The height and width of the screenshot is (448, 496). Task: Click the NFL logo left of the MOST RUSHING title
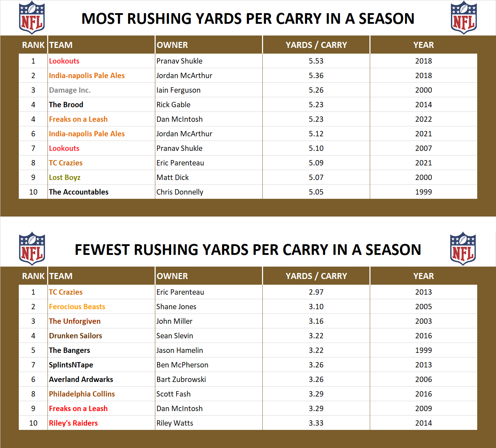[x=32, y=18]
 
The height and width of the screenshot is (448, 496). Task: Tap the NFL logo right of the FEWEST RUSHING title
[x=463, y=248]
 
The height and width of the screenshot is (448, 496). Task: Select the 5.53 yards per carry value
[x=316, y=61]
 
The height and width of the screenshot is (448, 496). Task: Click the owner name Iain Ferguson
[x=178, y=90]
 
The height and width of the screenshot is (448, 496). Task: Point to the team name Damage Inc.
[x=70, y=90]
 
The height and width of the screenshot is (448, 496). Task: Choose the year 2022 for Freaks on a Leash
[x=423, y=119]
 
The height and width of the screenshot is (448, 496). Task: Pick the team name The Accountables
[x=79, y=192]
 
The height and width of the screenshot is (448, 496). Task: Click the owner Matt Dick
[x=173, y=177]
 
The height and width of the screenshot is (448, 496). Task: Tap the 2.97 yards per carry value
[x=316, y=292]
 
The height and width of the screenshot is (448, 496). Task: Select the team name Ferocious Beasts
[x=77, y=307]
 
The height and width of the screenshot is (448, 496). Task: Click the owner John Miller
[x=174, y=321]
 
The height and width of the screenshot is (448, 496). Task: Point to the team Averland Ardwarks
[x=81, y=379]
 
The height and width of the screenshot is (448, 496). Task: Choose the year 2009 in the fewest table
[x=423, y=409]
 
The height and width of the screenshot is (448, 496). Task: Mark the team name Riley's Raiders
[x=73, y=423]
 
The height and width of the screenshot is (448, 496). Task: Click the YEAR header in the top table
[x=423, y=45]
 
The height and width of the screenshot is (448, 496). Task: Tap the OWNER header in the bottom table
[x=172, y=276]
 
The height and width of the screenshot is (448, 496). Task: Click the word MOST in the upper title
[x=102, y=19]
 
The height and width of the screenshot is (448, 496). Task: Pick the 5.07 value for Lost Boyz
[x=316, y=177]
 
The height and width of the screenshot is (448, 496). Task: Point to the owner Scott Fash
[x=173, y=394]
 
